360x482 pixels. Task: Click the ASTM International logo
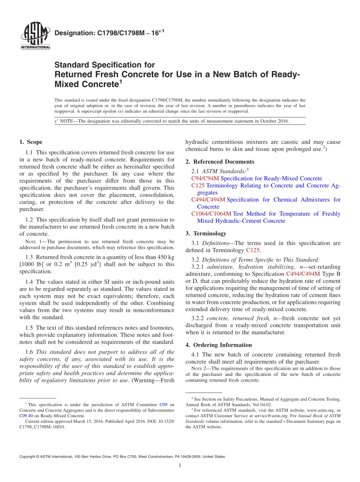coord(35,36)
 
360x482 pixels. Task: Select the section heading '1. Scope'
coord(31,142)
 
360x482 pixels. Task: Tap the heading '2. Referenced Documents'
coord(220,162)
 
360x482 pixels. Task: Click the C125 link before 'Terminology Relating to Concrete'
coord(198,186)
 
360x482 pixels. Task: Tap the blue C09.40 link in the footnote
coord(26,415)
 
